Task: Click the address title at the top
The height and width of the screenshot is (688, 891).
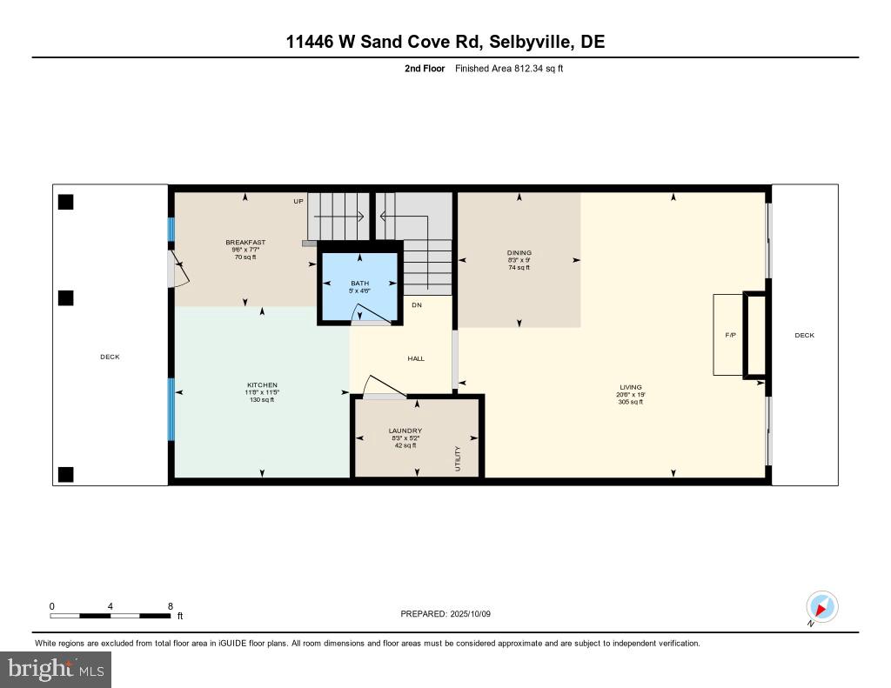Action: [445, 41]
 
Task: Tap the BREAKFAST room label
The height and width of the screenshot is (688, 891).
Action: [245, 243]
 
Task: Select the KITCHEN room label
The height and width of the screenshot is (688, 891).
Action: [262, 385]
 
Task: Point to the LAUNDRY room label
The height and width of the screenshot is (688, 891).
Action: [405, 431]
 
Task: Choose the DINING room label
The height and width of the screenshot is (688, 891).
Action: [519, 253]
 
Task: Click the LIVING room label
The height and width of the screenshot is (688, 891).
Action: [631, 388]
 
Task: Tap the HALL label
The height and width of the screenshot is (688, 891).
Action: [416, 358]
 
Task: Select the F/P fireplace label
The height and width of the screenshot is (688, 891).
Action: [731, 335]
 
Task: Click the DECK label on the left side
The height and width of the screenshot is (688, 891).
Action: [110, 357]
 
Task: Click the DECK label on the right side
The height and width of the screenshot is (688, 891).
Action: [804, 335]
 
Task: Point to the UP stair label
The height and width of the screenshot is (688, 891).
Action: [298, 201]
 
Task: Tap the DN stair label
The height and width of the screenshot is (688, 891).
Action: [417, 305]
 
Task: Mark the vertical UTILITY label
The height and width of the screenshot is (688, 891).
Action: [457, 458]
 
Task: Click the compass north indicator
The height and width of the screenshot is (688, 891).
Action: [821, 606]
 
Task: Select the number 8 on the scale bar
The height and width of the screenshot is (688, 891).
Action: [170, 606]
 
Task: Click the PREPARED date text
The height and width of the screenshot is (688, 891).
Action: [446, 614]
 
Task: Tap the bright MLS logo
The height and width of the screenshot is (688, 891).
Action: [56, 669]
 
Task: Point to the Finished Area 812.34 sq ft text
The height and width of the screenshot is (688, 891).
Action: [509, 68]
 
